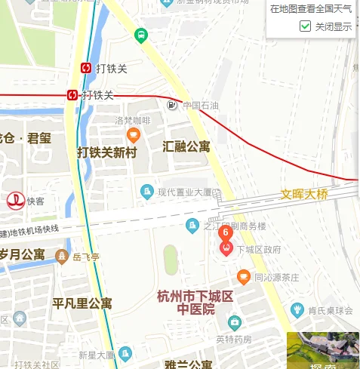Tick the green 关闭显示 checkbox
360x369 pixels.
306,26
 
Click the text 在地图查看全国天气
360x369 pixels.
310,9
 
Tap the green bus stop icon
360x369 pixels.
140,35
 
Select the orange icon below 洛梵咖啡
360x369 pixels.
134,135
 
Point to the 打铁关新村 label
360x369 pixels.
107,152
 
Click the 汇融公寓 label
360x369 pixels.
186,146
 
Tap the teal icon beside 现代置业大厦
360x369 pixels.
147,192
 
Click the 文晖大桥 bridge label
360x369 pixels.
304,194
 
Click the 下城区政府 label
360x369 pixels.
259,249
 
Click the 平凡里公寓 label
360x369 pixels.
82,304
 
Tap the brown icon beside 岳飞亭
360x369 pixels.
62,257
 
